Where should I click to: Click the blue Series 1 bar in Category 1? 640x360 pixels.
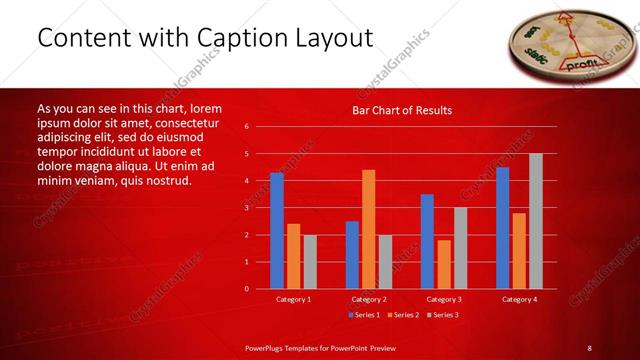pos(277,231)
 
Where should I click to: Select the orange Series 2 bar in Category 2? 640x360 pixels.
pos(368,229)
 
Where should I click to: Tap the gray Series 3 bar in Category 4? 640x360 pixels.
pos(536,221)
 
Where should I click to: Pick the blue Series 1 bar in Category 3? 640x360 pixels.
pos(427,241)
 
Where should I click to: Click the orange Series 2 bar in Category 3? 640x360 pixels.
pos(444,264)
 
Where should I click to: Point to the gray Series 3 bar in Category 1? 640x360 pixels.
pos(310,261)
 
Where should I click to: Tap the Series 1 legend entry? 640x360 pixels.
pos(363,315)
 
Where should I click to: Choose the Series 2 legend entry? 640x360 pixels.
pos(402,315)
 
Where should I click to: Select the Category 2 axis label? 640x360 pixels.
pos(368,299)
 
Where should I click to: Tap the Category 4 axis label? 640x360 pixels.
pos(518,299)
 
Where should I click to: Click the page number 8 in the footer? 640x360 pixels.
pos(589,347)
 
